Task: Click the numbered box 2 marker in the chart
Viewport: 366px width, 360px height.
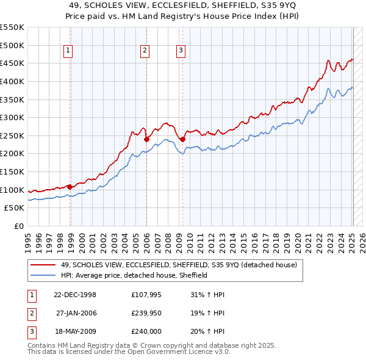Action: (x=145, y=51)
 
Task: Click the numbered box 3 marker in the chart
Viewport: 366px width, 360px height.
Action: (x=181, y=51)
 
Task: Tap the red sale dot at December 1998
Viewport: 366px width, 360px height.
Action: (x=70, y=187)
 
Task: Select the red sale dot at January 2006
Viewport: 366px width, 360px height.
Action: (x=147, y=139)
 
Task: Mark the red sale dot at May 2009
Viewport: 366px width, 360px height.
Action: (x=182, y=139)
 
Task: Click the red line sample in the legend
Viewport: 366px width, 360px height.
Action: (x=43, y=265)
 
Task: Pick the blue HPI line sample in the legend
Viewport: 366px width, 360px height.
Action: (x=43, y=275)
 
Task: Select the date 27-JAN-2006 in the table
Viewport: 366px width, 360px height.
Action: (x=76, y=312)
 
